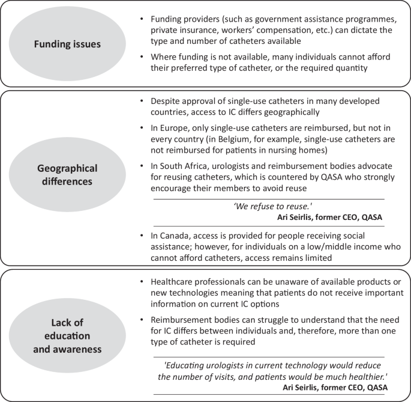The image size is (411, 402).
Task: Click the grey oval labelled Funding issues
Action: [67, 44]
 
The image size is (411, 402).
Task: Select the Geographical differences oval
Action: [67, 174]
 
